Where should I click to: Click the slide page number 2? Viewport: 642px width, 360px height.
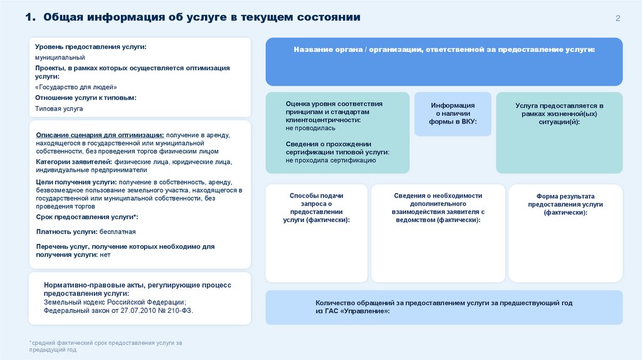coord(618,18)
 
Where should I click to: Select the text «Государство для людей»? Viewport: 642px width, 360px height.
coord(76,87)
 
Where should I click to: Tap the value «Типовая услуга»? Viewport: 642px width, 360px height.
coord(59,109)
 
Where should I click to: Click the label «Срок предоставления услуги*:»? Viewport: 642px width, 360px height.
coord(87,216)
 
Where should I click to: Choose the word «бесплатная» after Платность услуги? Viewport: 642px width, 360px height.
coord(118,231)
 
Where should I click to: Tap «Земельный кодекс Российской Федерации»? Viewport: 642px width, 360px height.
coord(114,302)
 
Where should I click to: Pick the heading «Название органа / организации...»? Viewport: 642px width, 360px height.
coord(444,49)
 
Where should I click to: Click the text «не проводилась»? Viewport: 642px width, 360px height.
coord(310,127)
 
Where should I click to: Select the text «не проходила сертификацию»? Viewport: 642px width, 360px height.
coord(330,161)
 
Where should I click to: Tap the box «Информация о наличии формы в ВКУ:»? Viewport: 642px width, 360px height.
coord(453,114)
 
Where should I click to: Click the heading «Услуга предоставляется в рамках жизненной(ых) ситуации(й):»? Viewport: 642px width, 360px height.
coord(559,114)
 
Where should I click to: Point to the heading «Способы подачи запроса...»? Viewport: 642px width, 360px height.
coord(316,208)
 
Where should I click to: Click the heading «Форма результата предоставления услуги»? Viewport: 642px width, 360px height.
coord(565,204)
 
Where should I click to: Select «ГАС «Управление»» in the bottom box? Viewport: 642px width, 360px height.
coord(358,311)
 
